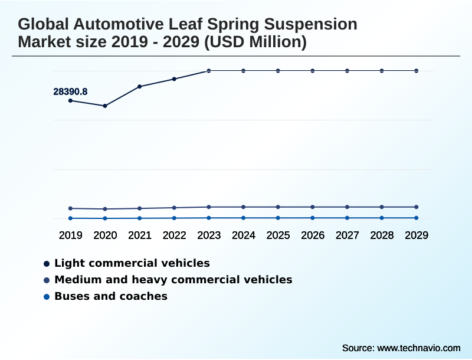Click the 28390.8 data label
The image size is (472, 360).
pyautogui.click(x=70, y=91)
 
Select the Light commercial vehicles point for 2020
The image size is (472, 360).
pyautogui.click(x=105, y=106)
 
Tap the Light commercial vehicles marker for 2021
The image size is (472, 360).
pyautogui.click(x=140, y=87)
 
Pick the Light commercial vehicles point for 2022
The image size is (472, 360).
pyautogui.click(x=174, y=79)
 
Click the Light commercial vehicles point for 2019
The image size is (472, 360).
pyautogui.click(x=71, y=101)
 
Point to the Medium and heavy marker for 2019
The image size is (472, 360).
pyautogui.click(x=71, y=208)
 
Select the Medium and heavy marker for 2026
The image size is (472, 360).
pyautogui.click(x=313, y=207)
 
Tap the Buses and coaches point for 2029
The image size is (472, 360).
pyautogui.click(x=417, y=218)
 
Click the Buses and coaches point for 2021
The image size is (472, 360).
pyautogui.click(x=140, y=218)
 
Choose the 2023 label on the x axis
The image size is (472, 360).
pyautogui.click(x=209, y=235)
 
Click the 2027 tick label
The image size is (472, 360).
pyautogui.click(x=347, y=235)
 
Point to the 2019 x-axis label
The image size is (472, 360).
pyautogui.click(x=71, y=235)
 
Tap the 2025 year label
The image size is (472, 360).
pyautogui.click(x=278, y=235)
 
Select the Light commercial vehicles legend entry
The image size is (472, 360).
pyautogui.click(x=132, y=263)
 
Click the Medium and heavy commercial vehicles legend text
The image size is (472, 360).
pyautogui.click(x=173, y=280)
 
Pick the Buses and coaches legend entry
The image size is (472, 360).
pyautogui.click(x=110, y=296)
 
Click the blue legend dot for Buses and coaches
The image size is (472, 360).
pyautogui.click(x=46, y=296)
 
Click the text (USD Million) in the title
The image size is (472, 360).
pyautogui.click(x=254, y=42)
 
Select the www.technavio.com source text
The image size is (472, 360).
pyautogui.click(x=418, y=348)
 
